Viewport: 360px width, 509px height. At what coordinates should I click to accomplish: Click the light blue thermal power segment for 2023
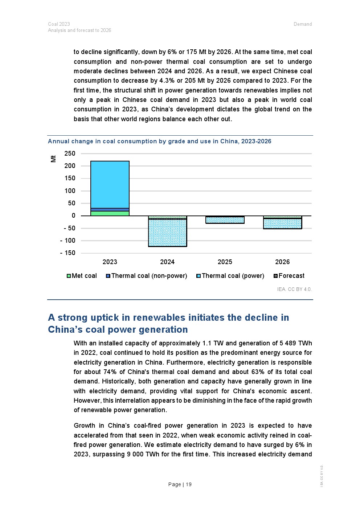point(110,184)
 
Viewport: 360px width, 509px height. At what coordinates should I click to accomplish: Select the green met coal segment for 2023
point(110,213)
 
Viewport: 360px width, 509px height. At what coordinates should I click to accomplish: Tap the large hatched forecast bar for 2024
point(167,233)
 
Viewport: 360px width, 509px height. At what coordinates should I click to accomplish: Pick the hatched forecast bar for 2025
point(225,220)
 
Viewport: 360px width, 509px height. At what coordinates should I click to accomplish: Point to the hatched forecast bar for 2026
point(282,223)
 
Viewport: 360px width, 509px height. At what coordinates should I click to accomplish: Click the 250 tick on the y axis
point(70,153)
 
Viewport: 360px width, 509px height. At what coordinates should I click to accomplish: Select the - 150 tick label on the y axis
point(68,253)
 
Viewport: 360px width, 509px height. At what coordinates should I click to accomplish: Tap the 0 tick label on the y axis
point(74,215)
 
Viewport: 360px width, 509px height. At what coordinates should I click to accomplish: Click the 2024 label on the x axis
point(167,262)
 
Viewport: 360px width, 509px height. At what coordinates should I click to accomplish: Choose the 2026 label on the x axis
point(282,262)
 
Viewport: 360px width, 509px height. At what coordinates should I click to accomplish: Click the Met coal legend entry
point(82,276)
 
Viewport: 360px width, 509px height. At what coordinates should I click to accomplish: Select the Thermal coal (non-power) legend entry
point(147,276)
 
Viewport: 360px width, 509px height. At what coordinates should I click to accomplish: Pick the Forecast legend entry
point(289,276)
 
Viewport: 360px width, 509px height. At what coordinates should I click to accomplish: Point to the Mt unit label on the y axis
point(53,159)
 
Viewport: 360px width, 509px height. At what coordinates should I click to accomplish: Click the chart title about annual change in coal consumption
point(160,141)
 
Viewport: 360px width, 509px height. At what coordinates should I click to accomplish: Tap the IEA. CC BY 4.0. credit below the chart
point(294,289)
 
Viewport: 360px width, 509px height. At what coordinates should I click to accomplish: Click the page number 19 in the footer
point(189,484)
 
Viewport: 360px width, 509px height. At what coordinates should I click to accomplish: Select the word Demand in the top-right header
point(303,24)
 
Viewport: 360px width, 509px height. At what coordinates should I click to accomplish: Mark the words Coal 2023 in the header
point(59,24)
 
